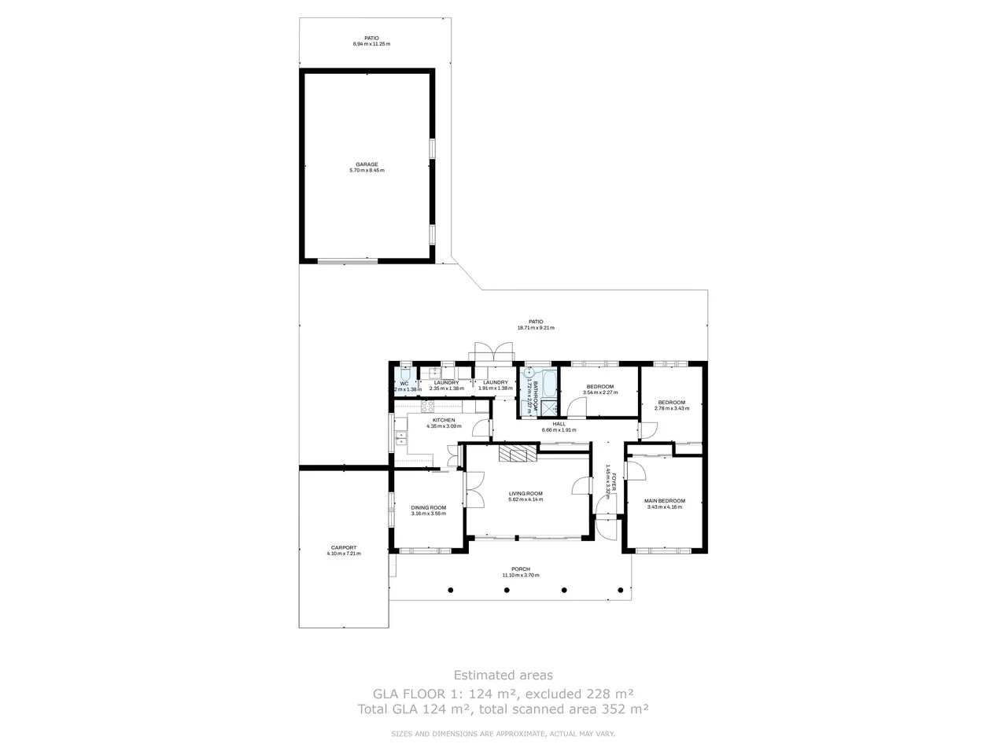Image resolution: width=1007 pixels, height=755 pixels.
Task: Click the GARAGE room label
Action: (367, 164)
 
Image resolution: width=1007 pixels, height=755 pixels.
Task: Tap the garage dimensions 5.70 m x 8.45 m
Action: (367, 171)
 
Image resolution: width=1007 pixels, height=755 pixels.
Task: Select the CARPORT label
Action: (344, 547)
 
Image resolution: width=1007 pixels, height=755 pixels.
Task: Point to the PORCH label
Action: (520, 569)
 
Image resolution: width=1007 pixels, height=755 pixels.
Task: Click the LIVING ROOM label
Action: (526, 493)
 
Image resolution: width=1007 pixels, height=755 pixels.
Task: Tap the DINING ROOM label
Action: (428, 507)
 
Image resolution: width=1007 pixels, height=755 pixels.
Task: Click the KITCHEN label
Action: (444, 420)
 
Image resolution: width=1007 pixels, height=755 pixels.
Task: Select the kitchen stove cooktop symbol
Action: (428, 407)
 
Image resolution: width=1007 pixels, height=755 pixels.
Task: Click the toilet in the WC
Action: (402, 376)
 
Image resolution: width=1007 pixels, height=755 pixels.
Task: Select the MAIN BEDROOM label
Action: (664, 501)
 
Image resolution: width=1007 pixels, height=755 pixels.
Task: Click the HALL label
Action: (559, 424)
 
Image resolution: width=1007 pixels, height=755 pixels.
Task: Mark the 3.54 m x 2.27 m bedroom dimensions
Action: (599, 392)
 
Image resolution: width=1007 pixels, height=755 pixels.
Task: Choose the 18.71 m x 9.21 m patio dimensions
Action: (535, 328)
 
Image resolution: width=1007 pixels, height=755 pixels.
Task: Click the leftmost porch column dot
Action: (451, 590)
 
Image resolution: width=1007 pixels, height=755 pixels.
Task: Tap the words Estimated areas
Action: (503, 675)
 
